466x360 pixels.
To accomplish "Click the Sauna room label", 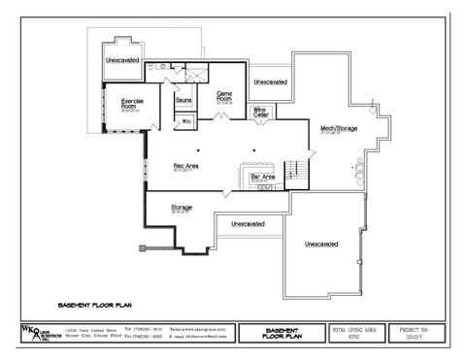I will [x=183, y=100].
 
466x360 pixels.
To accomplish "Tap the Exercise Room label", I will [x=133, y=103].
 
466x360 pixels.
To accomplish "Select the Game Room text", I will [x=223, y=96].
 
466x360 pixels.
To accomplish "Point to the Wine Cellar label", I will [x=259, y=112].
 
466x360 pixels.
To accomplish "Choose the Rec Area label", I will [x=185, y=166].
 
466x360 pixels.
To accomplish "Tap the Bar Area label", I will [x=262, y=178].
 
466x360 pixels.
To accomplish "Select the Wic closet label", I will [x=186, y=121].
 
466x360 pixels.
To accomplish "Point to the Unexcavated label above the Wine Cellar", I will [x=270, y=82].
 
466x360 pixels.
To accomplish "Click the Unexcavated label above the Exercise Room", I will [x=122, y=61].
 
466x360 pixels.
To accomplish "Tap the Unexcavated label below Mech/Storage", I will [x=320, y=244].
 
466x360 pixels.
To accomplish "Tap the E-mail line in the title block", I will [x=199, y=338].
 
